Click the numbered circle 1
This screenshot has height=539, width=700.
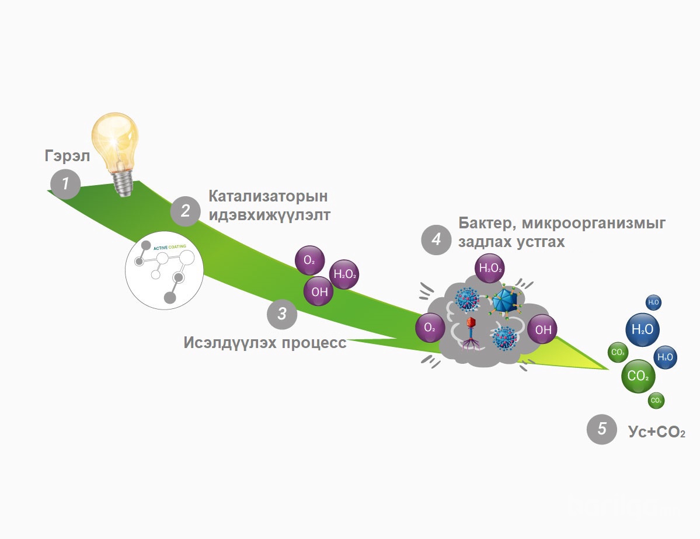pyautogui.click(x=65, y=184)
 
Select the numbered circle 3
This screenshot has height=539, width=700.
pyautogui.click(x=282, y=314)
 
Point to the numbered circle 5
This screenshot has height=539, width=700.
pyautogui.click(x=602, y=429)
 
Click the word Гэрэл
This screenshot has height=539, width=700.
pyautogui.click(x=67, y=157)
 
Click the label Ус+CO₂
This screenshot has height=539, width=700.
pyautogui.click(x=657, y=433)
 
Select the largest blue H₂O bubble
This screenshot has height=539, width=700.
pyautogui.click(x=643, y=329)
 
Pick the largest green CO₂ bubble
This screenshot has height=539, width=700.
pyautogui.click(x=638, y=376)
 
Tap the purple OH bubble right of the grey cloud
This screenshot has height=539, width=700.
pyautogui.click(x=543, y=330)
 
